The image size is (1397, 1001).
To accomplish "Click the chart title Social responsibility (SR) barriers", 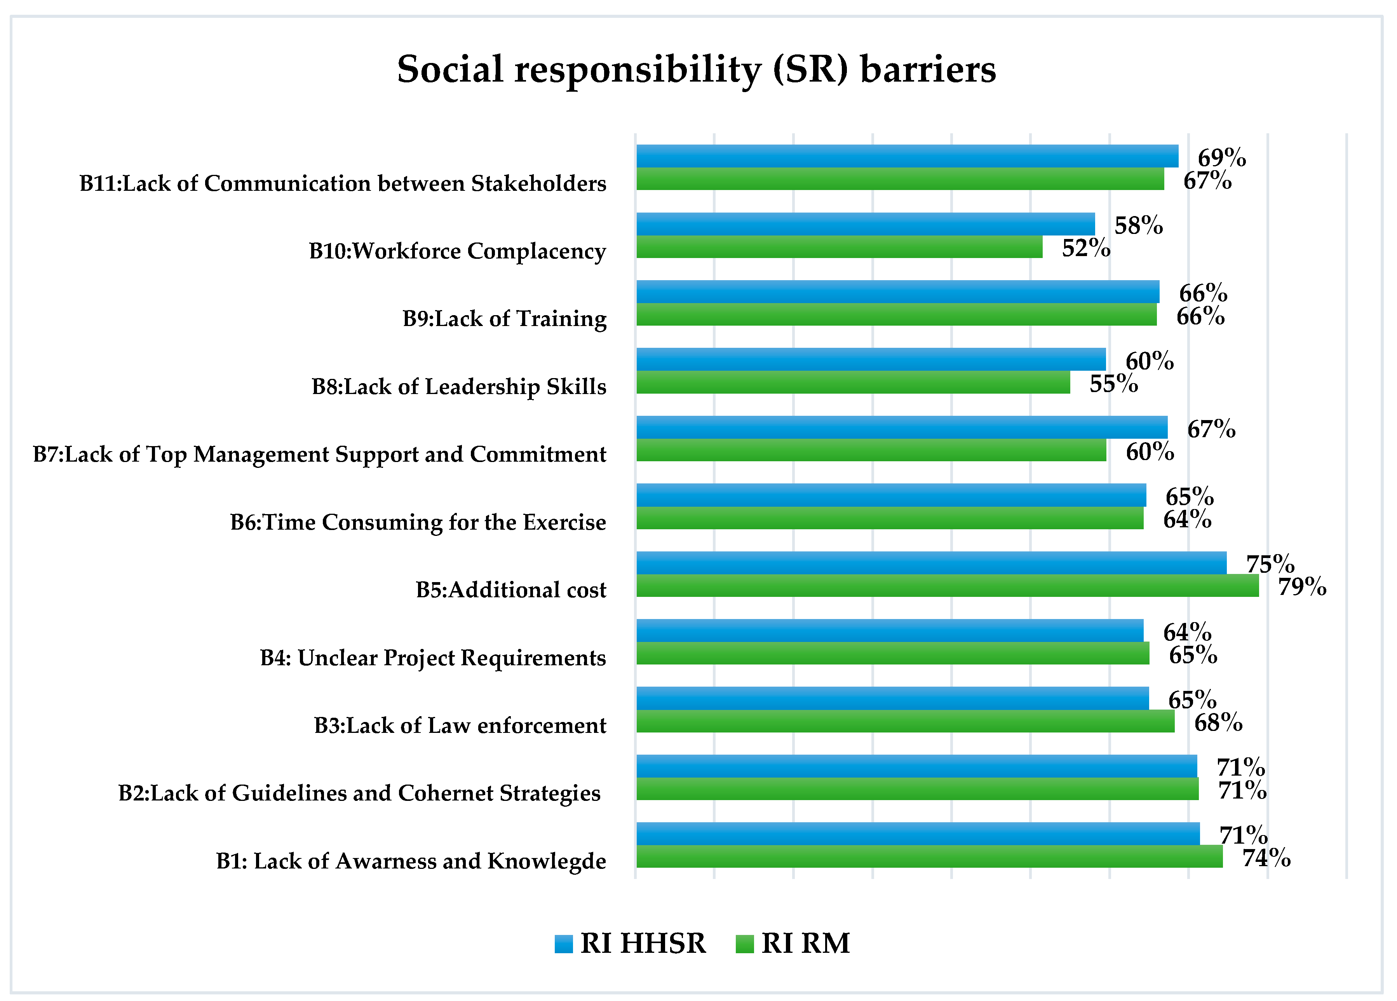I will point(696,69).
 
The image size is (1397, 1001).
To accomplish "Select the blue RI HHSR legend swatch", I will point(563,944).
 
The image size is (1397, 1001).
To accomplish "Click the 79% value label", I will point(1301,586).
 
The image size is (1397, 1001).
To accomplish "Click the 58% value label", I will point(1138,225).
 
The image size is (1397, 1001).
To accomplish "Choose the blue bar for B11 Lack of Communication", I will point(907,156).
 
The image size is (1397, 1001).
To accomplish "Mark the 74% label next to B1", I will point(1266,858).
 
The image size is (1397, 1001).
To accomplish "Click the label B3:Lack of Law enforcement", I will point(460,725).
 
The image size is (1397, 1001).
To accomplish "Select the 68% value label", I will point(1218,722).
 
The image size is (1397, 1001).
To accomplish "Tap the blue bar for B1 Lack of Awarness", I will point(918,834).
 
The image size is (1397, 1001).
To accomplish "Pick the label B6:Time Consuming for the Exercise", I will point(418,522).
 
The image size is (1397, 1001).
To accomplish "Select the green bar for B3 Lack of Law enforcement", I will point(905,721).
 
